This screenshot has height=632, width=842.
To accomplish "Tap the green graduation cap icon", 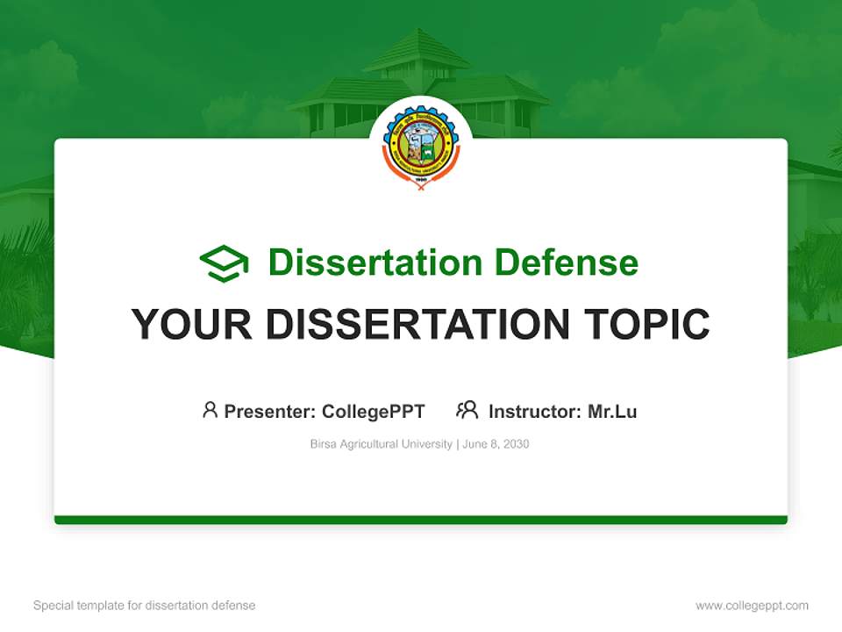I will point(225,262).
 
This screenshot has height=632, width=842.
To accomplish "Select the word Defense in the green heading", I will point(566,262).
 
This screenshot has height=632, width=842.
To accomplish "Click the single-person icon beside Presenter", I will point(210,410).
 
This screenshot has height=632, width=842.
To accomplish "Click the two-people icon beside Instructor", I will point(467,410).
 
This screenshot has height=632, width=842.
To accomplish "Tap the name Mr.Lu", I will point(612,412).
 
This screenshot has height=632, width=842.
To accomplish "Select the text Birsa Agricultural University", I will point(381,444).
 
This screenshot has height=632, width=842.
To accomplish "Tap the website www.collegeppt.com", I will point(752,606).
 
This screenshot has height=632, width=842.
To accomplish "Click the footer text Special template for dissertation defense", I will point(145,606).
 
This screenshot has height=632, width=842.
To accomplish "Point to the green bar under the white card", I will point(421,520).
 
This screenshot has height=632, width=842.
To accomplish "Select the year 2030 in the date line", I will point(516,444).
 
